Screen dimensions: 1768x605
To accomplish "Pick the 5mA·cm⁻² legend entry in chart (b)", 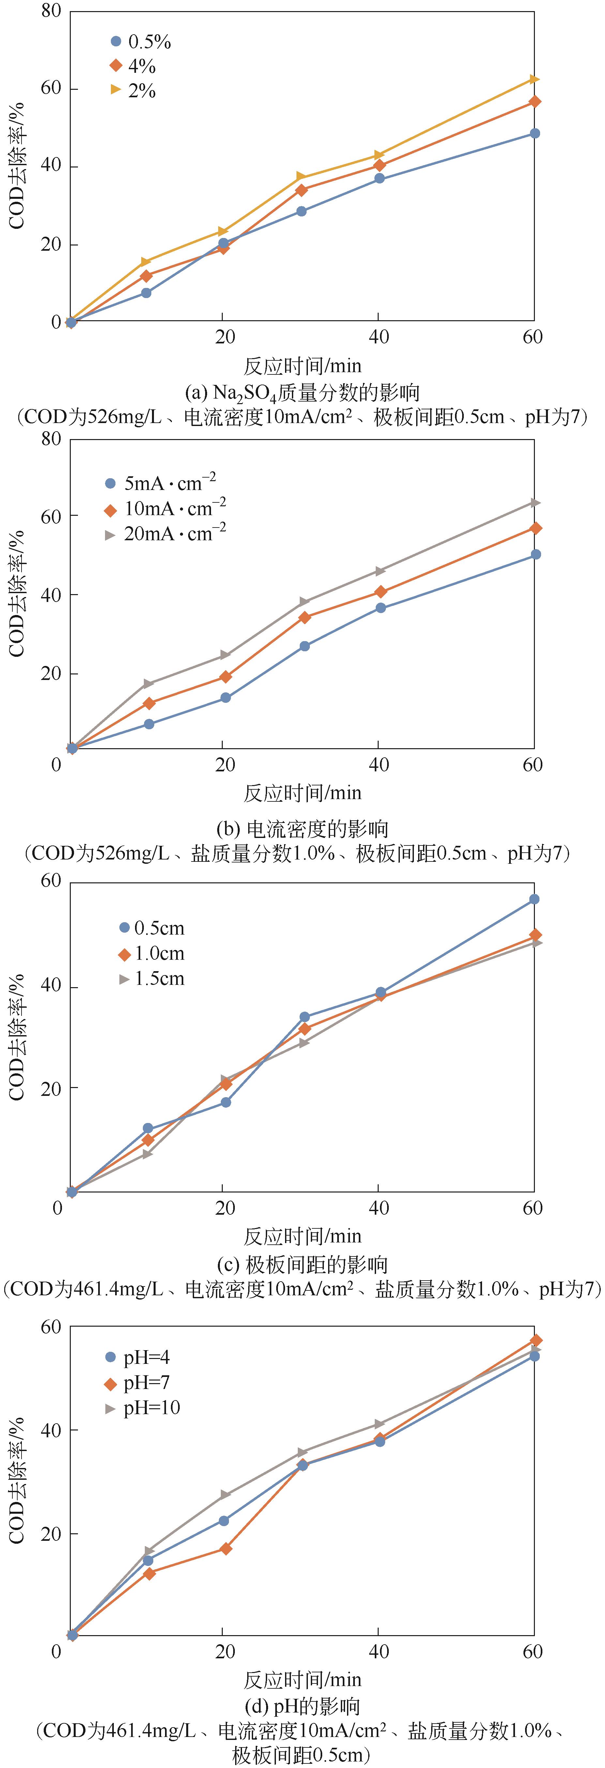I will point(161,483).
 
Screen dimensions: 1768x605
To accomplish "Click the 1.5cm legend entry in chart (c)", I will point(152,979).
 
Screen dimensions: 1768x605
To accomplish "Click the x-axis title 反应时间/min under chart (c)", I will point(303,1236).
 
